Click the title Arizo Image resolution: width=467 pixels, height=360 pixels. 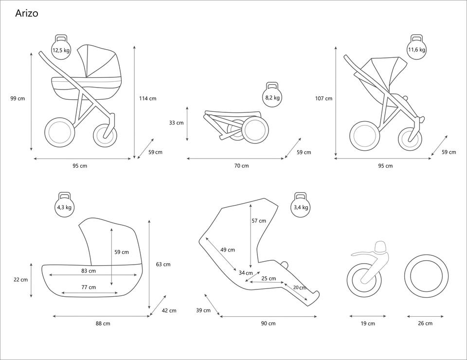27,13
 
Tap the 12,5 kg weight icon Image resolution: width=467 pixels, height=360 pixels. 61,48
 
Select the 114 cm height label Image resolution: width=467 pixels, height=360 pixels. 148,98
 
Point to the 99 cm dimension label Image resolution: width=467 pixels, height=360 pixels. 18,98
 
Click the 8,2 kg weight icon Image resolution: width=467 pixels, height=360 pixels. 272,96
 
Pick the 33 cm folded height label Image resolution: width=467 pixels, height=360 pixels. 176,123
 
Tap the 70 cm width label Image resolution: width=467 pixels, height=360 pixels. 241,166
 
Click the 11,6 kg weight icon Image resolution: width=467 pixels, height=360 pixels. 416,48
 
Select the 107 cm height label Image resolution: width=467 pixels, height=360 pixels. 323,98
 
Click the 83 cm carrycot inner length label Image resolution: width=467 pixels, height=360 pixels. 89,270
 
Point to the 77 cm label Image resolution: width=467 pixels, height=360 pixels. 89,287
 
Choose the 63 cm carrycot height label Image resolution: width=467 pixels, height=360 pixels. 163,264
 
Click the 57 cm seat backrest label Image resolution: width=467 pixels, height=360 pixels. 259,220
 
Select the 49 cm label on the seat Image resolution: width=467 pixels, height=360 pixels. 227,250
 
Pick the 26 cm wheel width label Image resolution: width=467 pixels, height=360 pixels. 425,324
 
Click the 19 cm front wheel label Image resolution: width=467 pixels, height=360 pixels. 368,324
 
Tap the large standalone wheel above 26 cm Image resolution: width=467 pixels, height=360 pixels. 426,276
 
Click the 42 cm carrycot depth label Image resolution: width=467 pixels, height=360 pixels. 169,310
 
